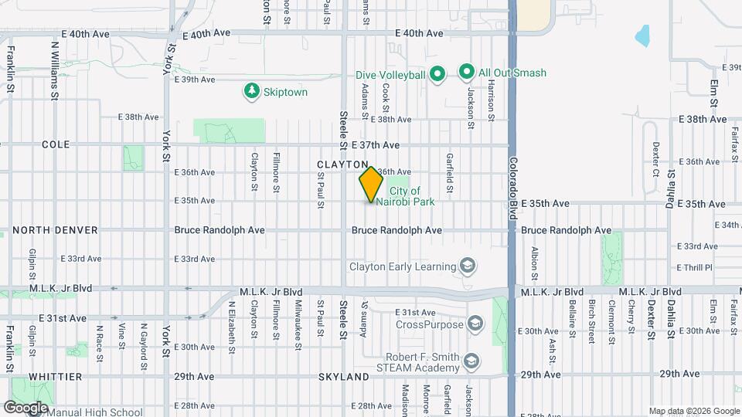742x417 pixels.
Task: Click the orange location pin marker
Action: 371,185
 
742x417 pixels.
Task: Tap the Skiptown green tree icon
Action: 251,92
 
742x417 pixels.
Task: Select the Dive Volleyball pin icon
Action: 437,74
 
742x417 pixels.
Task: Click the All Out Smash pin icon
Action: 466,73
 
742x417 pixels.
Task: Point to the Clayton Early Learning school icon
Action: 467,267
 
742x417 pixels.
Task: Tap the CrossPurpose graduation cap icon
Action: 475,324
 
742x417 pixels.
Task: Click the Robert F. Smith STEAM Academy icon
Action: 470,361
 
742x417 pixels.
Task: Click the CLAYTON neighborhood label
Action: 342,164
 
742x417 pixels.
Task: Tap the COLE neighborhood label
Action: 56,144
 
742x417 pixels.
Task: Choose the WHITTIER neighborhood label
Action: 55,376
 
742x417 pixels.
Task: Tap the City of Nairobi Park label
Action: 411,196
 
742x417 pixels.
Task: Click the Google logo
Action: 26,407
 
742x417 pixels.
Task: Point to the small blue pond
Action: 642,35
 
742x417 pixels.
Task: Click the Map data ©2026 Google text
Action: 694,411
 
